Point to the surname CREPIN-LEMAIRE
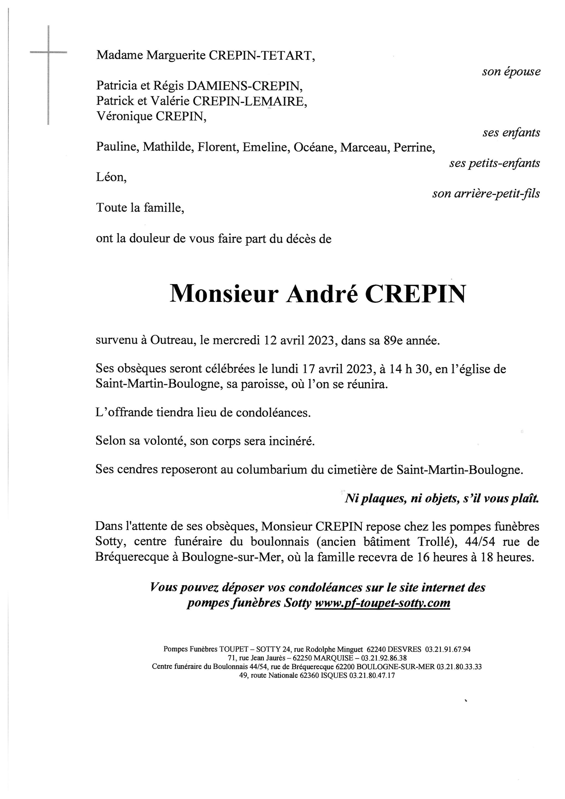pyautogui.click(x=250, y=101)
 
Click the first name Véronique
pyautogui.click(x=124, y=116)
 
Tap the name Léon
pyautogui.click(x=111, y=178)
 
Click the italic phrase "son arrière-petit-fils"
pyautogui.click(x=486, y=193)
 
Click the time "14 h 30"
pyautogui.click(x=409, y=369)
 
